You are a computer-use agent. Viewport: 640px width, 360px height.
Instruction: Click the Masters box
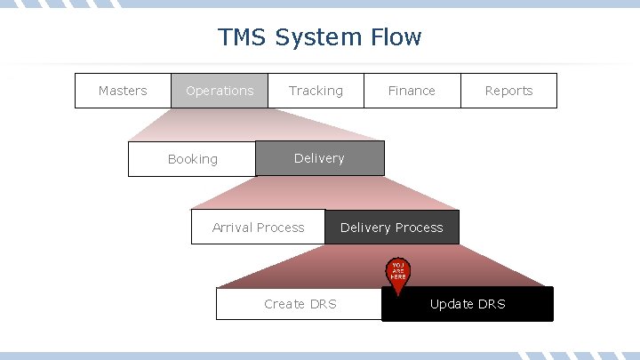click(x=123, y=91)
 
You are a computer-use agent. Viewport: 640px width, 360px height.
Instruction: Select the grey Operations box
click(x=220, y=91)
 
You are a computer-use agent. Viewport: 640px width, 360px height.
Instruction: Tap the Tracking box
click(x=316, y=91)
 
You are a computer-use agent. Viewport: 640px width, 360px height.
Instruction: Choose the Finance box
click(x=412, y=91)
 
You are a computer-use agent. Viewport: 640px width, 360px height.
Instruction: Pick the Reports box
click(x=508, y=91)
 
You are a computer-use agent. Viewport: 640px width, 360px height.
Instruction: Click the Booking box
click(x=192, y=159)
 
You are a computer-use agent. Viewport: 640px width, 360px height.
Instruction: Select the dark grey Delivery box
click(x=319, y=158)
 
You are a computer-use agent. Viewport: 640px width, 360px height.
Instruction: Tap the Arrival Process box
click(x=258, y=228)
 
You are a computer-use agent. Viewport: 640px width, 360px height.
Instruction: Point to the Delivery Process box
click(x=391, y=228)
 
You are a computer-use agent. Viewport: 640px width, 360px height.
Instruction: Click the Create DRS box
click(x=300, y=304)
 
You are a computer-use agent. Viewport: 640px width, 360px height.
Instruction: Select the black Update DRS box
click(x=468, y=304)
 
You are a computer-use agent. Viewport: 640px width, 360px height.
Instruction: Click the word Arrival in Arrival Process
click(x=232, y=228)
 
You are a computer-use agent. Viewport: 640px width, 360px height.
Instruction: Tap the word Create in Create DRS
click(x=284, y=304)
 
